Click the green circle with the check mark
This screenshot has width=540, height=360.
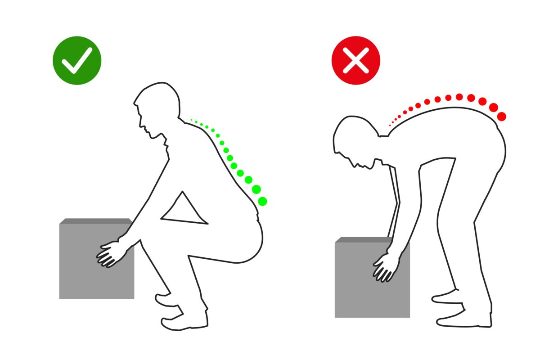tap(77, 60)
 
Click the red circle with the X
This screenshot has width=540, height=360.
tap(355, 60)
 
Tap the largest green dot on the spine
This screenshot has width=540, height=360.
tap(263, 201)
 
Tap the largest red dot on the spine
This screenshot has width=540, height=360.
tap(502, 117)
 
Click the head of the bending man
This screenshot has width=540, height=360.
tap(355, 139)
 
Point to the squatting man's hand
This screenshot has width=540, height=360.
tap(110, 255)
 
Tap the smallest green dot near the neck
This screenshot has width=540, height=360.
tap(191, 120)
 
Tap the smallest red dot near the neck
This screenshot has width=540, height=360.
tap(390, 125)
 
